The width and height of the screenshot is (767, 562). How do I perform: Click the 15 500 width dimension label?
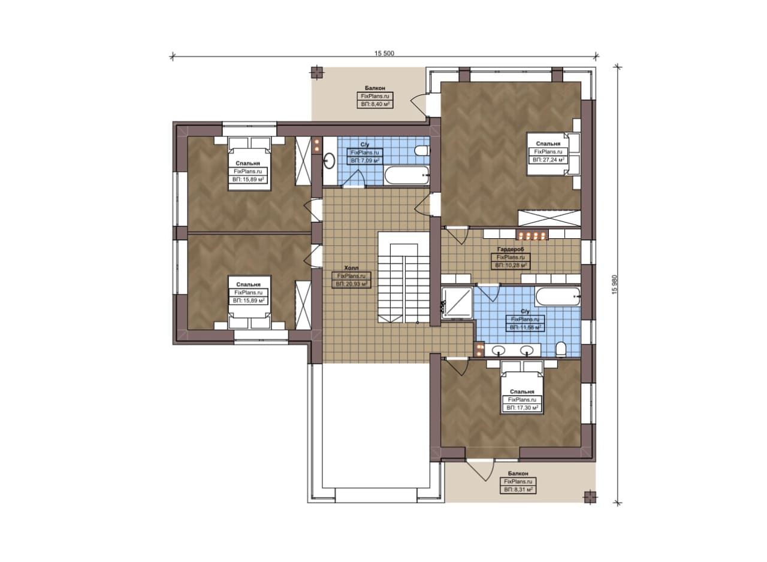pyautogui.click(x=384, y=53)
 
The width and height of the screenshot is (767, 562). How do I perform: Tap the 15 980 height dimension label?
pyautogui.click(x=615, y=284)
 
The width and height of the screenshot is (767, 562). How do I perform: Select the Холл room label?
pyautogui.click(x=351, y=268)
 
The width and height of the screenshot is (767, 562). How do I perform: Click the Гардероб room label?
pyautogui.click(x=510, y=250)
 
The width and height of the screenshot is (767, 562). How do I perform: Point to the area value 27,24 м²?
pyautogui.click(x=548, y=160)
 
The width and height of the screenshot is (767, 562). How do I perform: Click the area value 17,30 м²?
pyautogui.click(x=522, y=408)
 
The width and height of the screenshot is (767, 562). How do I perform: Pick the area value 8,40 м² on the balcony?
pyautogui.click(x=375, y=104)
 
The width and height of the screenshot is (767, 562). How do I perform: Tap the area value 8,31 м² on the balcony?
pyautogui.click(x=518, y=490)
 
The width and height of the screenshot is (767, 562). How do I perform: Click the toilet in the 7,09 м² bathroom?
pyautogui.click(x=422, y=150)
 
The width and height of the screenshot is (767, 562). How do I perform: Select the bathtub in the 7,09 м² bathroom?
pyautogui.click(x=406, y=175)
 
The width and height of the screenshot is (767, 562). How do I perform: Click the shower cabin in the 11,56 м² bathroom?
pyautogui.click(x=457, y=303)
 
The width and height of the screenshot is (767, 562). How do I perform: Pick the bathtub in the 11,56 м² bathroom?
pyautogui.click(x=558, y=297)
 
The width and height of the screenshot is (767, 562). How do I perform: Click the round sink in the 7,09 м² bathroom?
pyautogui.click(x=330, y=160)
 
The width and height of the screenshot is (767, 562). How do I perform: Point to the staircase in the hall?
pyautogui.click(x=404, y=277)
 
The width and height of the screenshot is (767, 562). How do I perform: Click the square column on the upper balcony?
pyautogui.click(x=317, y=73)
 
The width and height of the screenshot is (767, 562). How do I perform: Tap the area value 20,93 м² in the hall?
pyautogui.click(x=351, y=284)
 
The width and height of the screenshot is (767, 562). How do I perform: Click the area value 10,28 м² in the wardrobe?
pyautogui.click(x=511, y=265)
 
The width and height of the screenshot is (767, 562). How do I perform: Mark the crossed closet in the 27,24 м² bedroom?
pyautogui.click(x=549, y=218)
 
